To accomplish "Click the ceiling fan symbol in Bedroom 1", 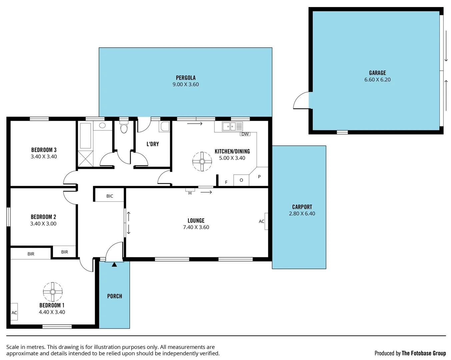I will point(53,292).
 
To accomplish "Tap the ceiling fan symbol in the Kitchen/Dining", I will point(202,162).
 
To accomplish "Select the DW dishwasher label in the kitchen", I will point(245,134).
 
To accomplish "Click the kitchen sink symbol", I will point(229,126).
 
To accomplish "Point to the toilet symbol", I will point(124,128).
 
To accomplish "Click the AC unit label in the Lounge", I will point(262,221).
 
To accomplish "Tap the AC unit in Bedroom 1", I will point(14,312).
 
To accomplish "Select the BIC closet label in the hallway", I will point(110,196).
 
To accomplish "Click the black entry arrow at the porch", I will point(114,264).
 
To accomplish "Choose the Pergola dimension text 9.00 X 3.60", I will point(185,85).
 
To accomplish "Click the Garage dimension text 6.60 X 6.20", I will point(377,80).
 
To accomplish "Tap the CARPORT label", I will point(302,207).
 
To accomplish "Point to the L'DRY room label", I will point(153,144).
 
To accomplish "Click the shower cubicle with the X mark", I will point(85,158).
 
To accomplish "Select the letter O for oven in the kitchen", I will point(241,180).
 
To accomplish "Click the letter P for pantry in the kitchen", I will point(259,177).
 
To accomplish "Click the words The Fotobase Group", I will point(424,353).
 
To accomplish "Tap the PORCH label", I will point(114,296).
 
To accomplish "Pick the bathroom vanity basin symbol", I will point(102,126).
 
